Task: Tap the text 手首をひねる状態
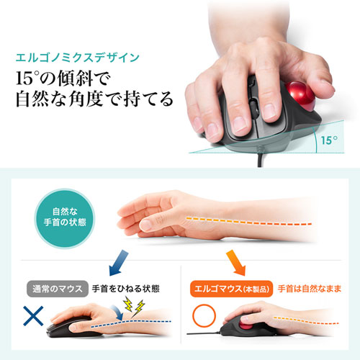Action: [125, 289]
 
